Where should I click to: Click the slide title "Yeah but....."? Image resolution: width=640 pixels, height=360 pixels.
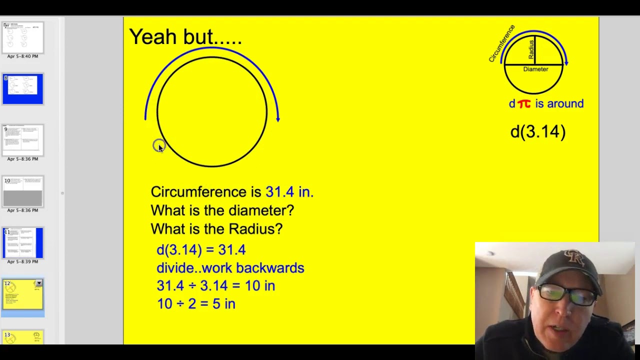[185, 37]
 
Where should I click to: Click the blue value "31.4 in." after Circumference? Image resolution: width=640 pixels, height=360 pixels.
[289, 192]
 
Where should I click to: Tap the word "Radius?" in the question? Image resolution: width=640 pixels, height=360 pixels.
[255, 229]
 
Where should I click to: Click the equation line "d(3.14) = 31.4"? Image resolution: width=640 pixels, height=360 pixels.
[201, 250]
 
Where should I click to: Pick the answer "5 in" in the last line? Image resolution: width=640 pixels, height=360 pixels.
[223, 304]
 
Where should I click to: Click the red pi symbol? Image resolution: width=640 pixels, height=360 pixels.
[524, 104]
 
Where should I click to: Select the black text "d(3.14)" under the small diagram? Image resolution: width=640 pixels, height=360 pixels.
[538, 132]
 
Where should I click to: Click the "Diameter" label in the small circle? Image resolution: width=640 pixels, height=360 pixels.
[535, 69]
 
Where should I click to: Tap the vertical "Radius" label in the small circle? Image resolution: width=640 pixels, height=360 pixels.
[531, 50]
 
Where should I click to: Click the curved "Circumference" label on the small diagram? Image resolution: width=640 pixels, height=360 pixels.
[501, 44]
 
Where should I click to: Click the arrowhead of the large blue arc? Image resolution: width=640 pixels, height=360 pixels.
[278, 118]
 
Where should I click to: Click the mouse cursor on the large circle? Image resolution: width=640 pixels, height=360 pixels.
[159, 146]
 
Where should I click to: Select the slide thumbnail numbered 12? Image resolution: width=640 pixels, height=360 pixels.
[23, 294]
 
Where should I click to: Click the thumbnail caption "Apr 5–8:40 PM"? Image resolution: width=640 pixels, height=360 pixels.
[22, 56]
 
